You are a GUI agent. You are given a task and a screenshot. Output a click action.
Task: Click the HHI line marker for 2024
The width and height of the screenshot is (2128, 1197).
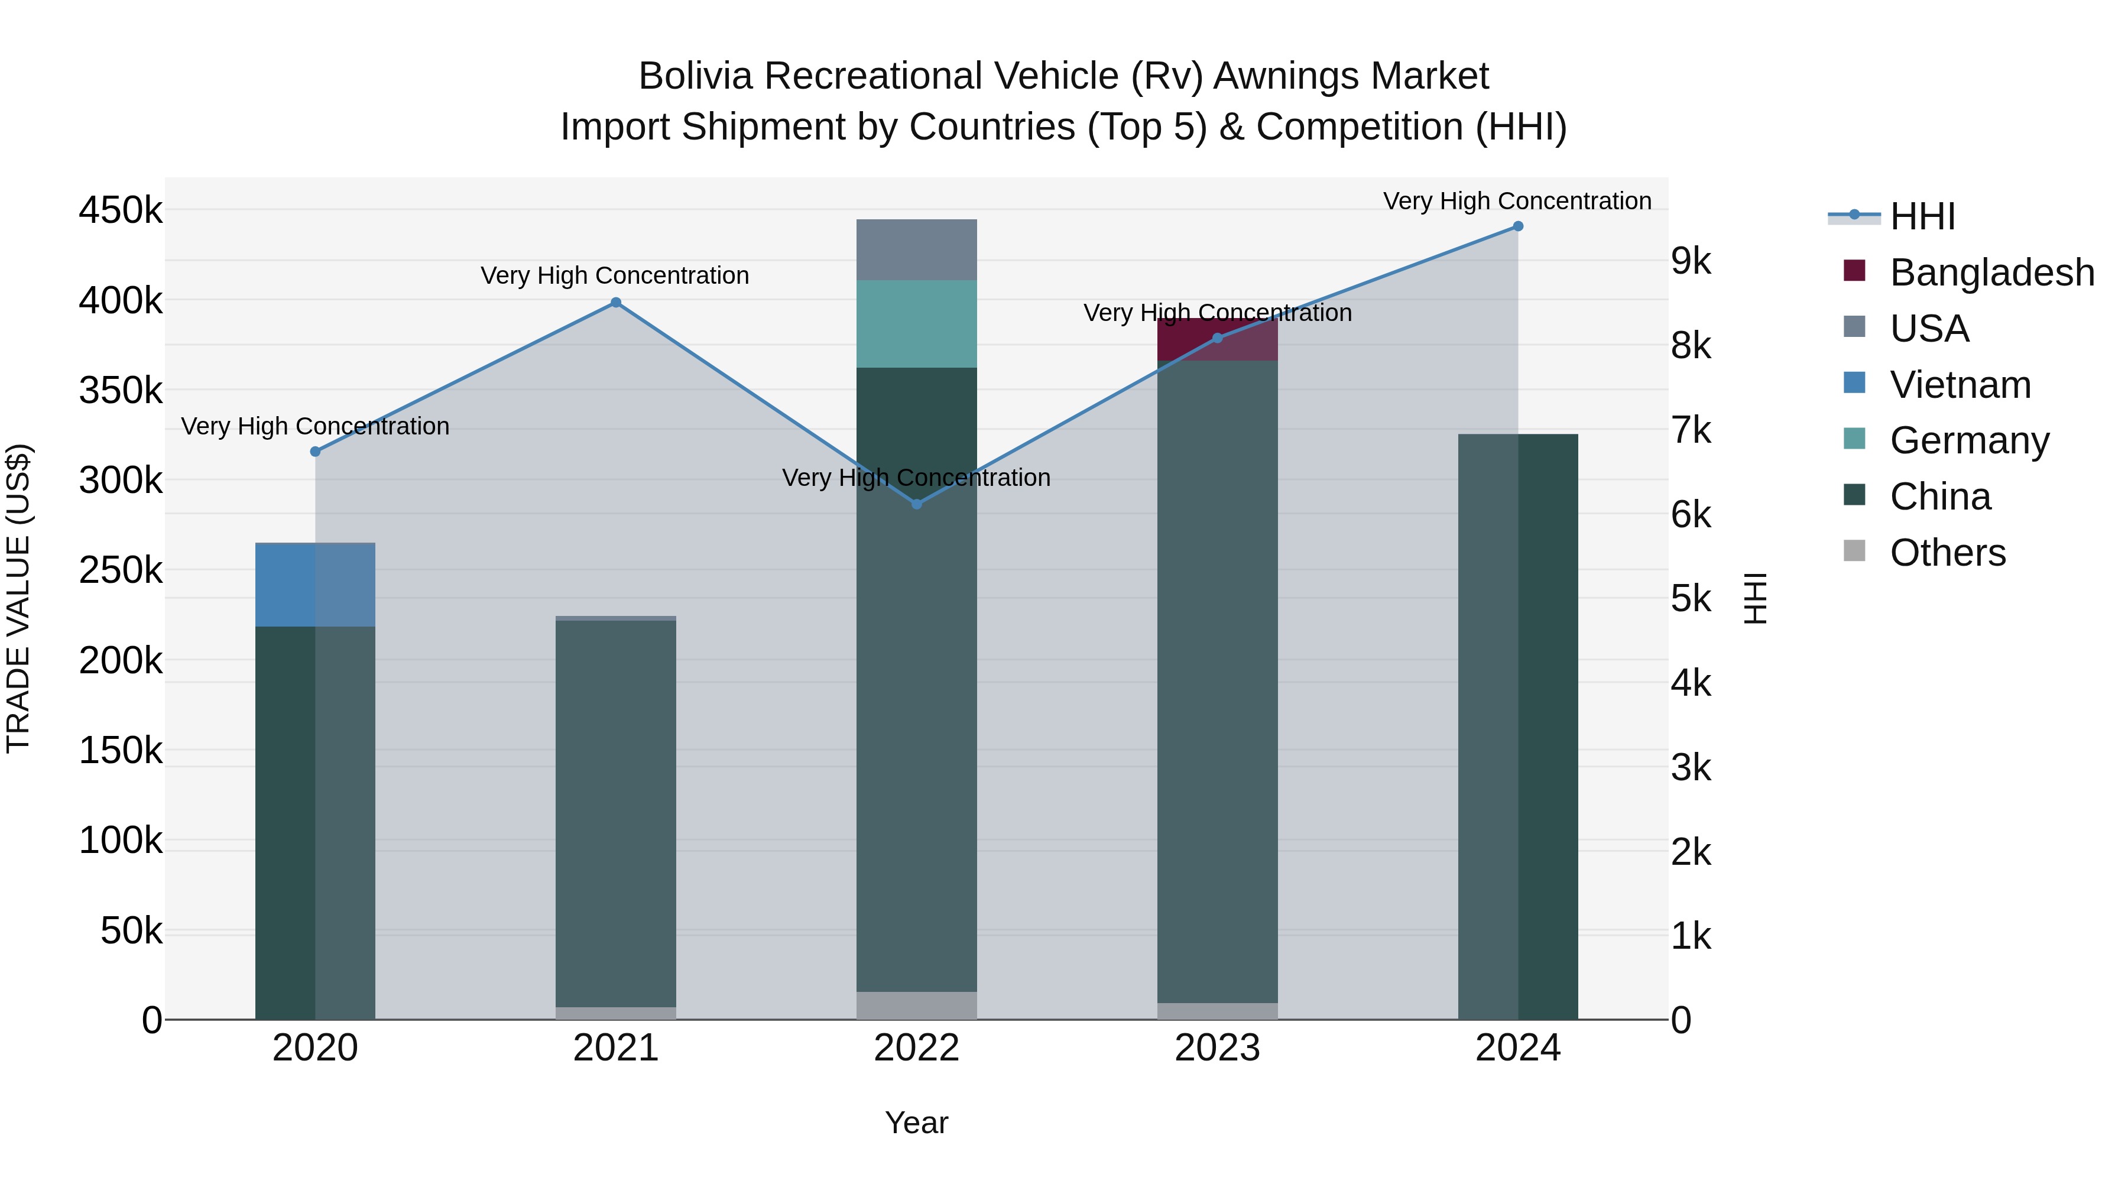1517,226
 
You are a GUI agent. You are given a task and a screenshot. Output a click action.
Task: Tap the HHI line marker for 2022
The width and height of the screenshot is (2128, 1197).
916,504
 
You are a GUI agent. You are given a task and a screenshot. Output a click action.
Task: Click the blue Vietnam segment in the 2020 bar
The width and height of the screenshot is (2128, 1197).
314,585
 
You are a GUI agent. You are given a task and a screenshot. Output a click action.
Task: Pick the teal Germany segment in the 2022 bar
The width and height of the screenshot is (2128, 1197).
916,324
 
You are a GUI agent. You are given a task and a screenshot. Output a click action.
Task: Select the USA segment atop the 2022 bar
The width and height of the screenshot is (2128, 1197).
916,249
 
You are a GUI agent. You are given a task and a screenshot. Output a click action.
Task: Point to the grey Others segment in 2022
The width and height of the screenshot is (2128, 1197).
916,1005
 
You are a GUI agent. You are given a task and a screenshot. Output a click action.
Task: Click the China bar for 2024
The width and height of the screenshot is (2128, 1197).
1517,727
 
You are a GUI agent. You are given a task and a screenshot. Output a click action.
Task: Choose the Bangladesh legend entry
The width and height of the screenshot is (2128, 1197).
1991,273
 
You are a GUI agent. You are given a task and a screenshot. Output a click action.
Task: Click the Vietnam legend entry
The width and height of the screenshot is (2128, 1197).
1960,385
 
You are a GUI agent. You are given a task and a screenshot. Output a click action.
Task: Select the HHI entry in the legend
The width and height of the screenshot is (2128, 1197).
1922,216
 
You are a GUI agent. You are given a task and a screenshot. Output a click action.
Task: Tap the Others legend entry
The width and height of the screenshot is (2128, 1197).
1947,553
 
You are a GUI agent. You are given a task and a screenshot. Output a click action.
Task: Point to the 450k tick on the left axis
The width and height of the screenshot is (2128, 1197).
121,210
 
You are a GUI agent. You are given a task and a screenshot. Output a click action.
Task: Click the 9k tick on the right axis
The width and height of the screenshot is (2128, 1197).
1691,261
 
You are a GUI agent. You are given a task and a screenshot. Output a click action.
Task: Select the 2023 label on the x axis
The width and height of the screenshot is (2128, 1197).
1217,1048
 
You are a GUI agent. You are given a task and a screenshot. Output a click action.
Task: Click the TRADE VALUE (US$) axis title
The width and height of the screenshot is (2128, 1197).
18,598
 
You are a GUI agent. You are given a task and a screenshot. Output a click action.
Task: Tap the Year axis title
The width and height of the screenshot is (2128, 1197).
916,1123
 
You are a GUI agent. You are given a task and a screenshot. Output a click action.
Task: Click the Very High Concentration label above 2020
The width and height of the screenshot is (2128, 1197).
314,426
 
